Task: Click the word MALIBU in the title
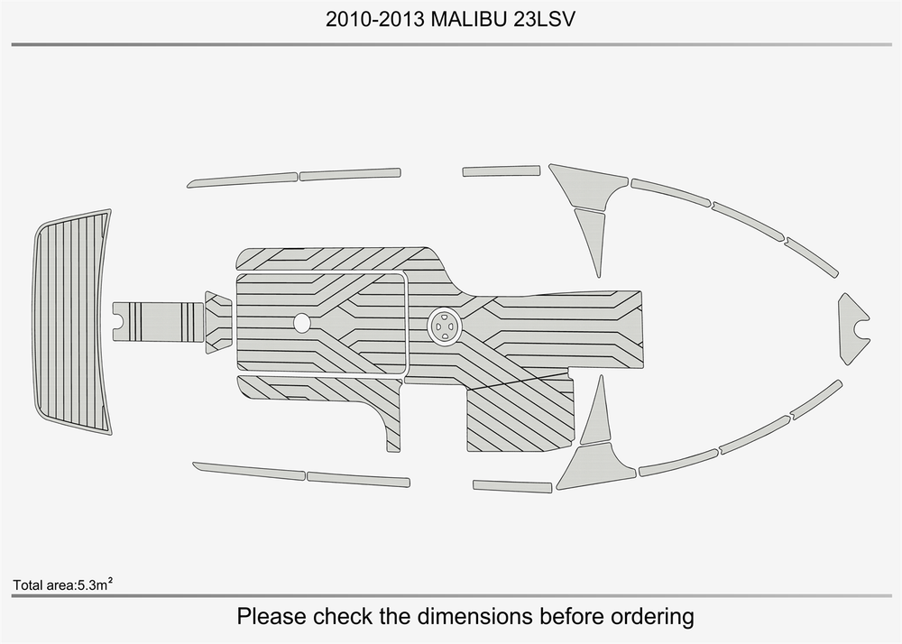point(469,20)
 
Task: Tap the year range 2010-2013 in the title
point(375,20)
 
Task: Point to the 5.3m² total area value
point(95,584)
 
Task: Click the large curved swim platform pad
point(72,322)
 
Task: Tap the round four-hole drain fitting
point(446,327)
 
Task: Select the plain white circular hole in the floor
point(301,323)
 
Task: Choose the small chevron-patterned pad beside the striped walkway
point(218,322)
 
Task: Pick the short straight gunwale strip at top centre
point(502,170)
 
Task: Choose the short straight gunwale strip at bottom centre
point(512,486)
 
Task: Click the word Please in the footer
point(272,616)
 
